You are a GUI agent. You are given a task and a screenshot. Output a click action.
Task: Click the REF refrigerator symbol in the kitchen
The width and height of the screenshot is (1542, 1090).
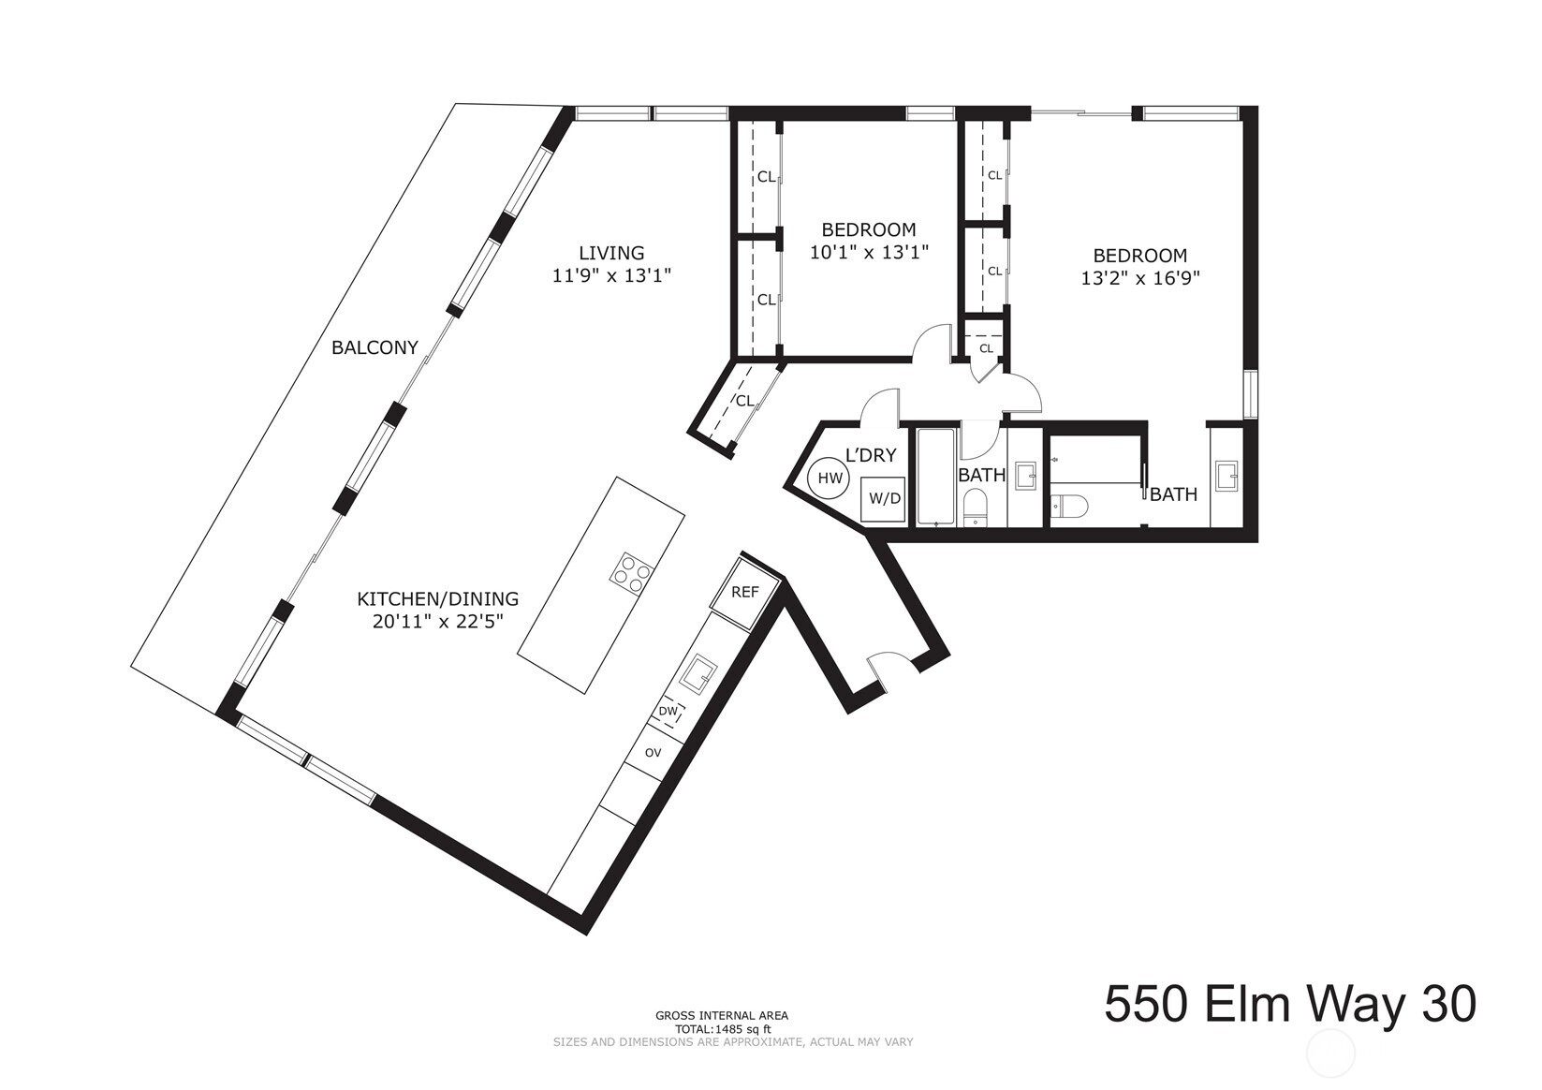click(745, 593)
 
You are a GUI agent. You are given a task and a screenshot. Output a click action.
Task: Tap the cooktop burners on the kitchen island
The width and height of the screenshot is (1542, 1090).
click(632, 572)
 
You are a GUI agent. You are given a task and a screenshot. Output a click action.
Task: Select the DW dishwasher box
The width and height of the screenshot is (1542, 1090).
click(668, 712)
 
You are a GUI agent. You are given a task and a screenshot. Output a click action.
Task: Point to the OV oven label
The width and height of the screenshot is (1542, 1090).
click(653, 752)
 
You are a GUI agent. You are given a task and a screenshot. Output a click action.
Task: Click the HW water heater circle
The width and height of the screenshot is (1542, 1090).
click(830, 479)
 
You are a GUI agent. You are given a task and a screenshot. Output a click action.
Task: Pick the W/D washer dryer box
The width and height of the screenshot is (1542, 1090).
click(884, 498)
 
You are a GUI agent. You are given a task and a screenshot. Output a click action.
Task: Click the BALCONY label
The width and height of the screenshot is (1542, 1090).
click(374, 347)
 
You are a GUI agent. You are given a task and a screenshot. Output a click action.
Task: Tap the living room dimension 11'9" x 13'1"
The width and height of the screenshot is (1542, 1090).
click(611, 276)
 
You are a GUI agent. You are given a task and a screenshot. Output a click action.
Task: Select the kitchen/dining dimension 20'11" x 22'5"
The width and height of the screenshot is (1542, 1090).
click(437, 622)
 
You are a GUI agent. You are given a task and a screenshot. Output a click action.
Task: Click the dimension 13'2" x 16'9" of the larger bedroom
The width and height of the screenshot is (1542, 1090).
click(1139, 278)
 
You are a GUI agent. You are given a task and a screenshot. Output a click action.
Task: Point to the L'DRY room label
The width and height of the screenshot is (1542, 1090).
click(871, 456)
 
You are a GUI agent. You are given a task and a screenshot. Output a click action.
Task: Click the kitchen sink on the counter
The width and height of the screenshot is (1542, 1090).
click(698, 674)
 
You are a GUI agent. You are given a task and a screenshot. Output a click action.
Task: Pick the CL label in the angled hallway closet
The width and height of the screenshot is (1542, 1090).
click(744, 401)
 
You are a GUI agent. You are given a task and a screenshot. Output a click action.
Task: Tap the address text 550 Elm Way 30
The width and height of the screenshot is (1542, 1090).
click(1290, 1005)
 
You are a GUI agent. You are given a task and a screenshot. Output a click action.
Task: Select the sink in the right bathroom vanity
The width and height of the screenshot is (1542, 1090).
click(1226, 476)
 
